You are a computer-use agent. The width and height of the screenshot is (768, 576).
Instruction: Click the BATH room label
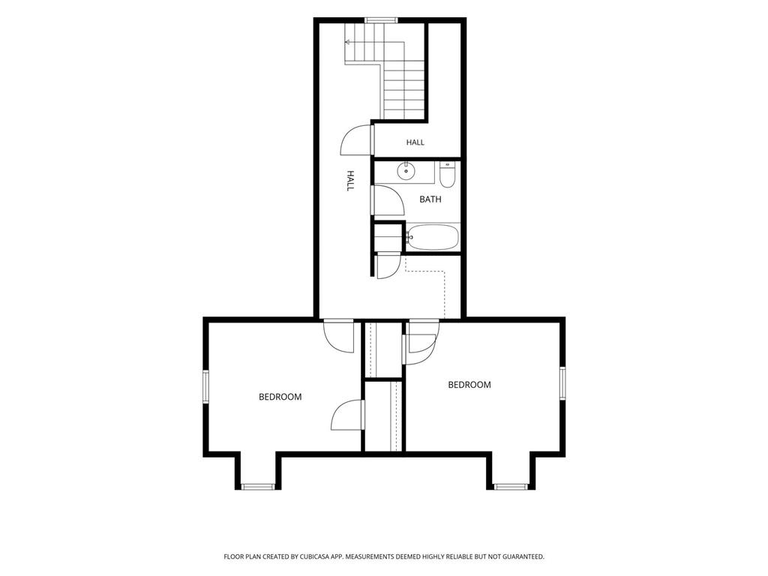coord(430,199)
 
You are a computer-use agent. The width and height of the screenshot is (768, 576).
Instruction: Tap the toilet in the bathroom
coord(447,175)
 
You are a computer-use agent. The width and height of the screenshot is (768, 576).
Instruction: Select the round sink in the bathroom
coord(406,172)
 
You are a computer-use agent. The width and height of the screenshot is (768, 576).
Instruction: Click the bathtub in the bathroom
coord(433,238)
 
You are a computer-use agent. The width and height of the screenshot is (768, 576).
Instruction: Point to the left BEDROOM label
coord(280,397)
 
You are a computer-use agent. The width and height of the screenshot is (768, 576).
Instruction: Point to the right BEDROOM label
coord(469,385)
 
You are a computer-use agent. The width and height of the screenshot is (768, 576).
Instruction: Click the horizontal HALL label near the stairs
coord(415,142)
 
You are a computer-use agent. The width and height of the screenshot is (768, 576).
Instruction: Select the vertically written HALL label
coord(350,181)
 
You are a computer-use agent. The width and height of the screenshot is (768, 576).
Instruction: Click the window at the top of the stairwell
coord(380,20)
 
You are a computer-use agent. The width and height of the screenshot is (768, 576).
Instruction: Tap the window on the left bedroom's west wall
coord(206,387)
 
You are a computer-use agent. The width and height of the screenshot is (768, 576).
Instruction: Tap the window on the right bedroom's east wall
coord(562,382)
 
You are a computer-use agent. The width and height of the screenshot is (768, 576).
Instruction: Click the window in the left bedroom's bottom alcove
coord(258,487)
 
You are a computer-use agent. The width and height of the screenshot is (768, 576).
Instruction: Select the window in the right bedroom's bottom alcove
coord(510,487)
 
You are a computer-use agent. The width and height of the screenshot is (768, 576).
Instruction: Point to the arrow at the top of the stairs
coord(348,42)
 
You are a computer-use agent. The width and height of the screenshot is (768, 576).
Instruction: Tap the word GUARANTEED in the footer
coord(524,557)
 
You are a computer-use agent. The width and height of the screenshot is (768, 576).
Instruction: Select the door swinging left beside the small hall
coord(356,140)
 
